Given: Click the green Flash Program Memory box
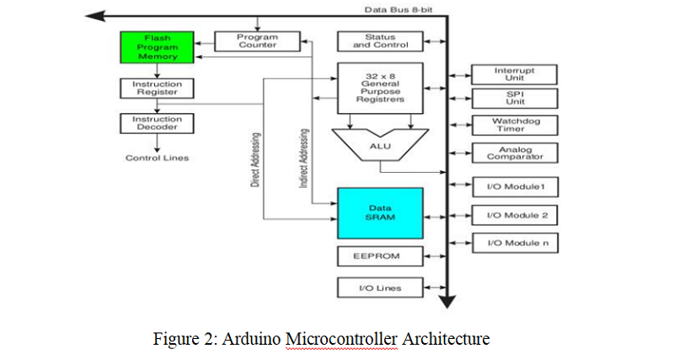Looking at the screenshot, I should point(158,48).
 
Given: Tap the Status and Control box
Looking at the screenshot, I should point(380,41).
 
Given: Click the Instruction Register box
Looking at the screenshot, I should point(158,89).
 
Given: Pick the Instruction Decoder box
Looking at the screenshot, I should point(158,123).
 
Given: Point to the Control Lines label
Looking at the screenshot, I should point(158,158).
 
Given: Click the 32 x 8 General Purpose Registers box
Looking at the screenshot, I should point(380,88).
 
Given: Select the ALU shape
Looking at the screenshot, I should point(380,145).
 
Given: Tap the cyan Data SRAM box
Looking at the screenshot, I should point(380,212).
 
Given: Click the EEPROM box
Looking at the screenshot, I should point(380,255).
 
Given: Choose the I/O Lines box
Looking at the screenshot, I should point(380,288).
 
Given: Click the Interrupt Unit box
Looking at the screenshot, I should point(515,74).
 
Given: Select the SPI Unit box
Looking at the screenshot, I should point(515,98).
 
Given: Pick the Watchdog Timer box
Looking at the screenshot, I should point(515,125).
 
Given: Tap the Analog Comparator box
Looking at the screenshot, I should point(515,153).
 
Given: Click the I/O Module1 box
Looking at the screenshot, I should point(515,186).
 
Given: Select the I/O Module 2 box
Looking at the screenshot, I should point(515,215).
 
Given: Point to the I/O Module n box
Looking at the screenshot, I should point(515,244).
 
